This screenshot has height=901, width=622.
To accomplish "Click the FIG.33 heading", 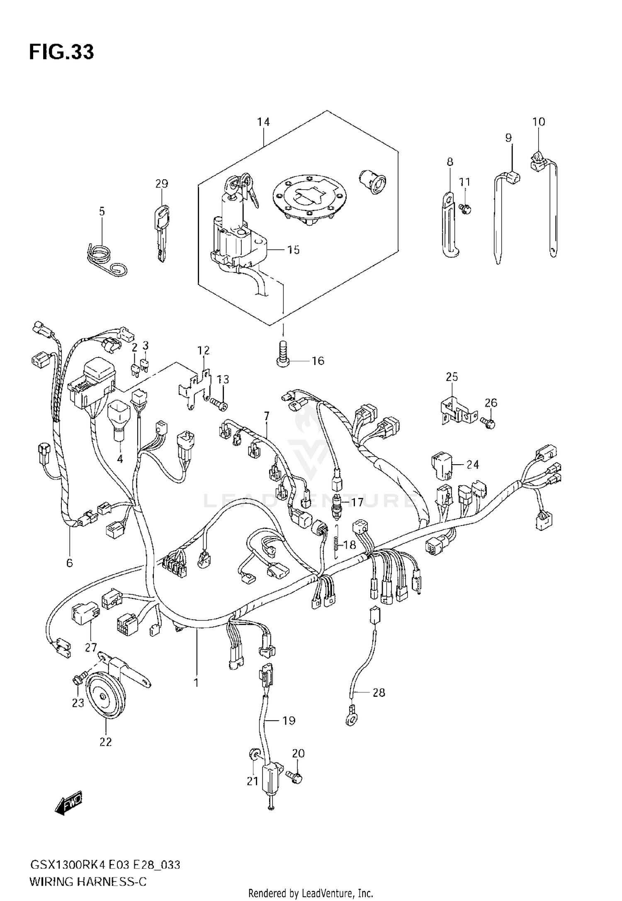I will coord(61,52).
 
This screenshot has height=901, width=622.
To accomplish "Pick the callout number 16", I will coord(318,361).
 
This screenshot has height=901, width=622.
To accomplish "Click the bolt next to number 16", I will coord(283,353).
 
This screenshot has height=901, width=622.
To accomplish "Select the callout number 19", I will coord(289,721).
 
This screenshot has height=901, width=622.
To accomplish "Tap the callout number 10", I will coord(539,122).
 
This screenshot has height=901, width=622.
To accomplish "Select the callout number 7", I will coord(267,415).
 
